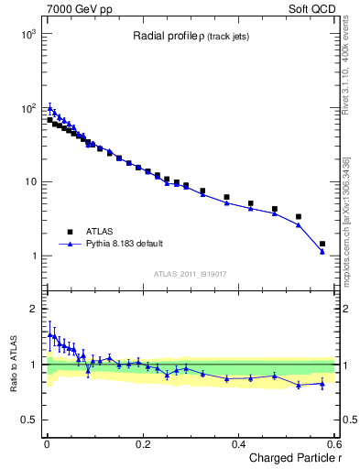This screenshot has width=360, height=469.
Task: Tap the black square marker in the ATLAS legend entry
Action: [x=69, y=233]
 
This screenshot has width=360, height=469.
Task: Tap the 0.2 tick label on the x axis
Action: [x=143, y=443]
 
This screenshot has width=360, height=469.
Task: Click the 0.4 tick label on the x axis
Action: [x=239, y=443]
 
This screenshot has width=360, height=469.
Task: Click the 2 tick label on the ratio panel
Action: [x=35, y=309]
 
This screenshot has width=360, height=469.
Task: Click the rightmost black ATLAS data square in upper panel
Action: [x=322, y=244]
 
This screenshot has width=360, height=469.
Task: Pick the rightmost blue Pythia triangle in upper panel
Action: [x=322, y=251]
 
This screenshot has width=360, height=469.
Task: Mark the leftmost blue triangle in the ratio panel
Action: [x=49, y=334]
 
